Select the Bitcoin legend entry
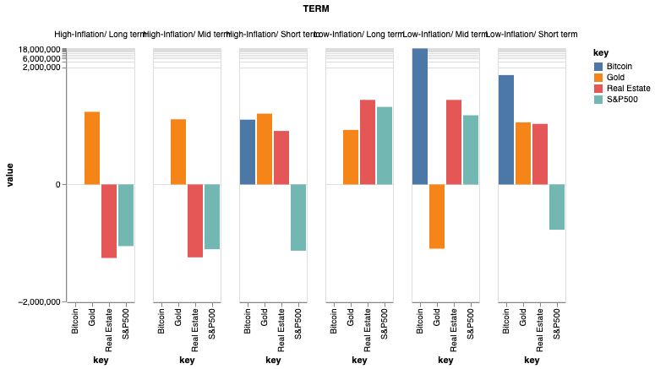point(620,66)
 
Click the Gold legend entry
point(615,77)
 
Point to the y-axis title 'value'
point(10,176)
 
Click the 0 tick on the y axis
point(59,184)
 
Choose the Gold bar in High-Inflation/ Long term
point(92,148)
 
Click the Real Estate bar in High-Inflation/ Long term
point(109,220)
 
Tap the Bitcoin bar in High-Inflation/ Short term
point(248,152)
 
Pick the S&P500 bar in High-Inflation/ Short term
point(298,217)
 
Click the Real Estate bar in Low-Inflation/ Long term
point(368,142)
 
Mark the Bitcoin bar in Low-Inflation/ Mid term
point(420,117)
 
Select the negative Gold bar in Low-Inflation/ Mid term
point(437,216)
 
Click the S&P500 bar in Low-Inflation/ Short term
point(557,207)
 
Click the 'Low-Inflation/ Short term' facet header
point(532,35)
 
